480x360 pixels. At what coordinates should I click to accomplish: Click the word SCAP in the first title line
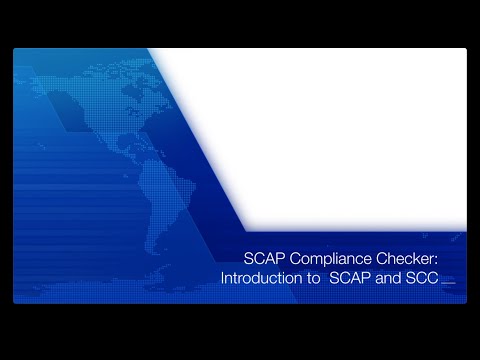264,259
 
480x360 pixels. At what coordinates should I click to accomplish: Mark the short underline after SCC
448,283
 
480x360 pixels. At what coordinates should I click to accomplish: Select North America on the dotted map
90,110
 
